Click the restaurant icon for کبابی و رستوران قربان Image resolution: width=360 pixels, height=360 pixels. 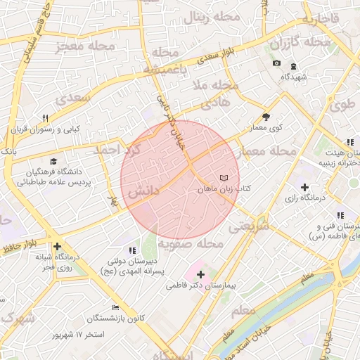coord(46,118)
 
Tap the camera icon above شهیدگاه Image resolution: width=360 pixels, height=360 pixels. coord(276,64)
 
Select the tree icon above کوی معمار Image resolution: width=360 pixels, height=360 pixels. coord(266,117)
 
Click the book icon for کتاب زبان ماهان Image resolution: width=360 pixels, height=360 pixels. coord(224,179)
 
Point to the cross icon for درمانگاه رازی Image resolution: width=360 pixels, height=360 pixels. coord(304,187)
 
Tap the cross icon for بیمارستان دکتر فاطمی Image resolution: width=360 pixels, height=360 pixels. coord(202,274)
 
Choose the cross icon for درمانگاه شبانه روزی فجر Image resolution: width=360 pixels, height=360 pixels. coord(57,247)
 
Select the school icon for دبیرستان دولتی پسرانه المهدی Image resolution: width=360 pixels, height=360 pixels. coord(131,250)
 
